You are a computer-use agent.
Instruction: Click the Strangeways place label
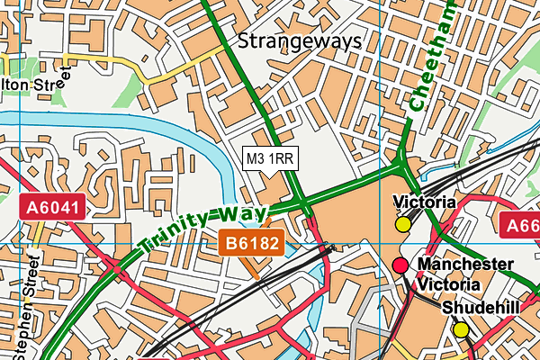(x=300, y=41)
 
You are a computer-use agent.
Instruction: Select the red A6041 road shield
(x=54, y=209)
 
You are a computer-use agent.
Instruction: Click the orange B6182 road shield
(x=253, y=241)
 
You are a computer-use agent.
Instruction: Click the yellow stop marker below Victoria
(x=402, y=224)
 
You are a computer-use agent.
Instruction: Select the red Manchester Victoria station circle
(x=400, y=265)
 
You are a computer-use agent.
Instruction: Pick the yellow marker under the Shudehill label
(x=461, y=329)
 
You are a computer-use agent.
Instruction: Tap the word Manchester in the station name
(x=466, y=265)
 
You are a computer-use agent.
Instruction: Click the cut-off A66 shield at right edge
(x=520, y=226)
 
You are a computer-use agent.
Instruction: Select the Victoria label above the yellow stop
(x=420, y=202)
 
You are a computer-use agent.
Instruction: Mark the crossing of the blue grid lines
(x=382, y=243)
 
